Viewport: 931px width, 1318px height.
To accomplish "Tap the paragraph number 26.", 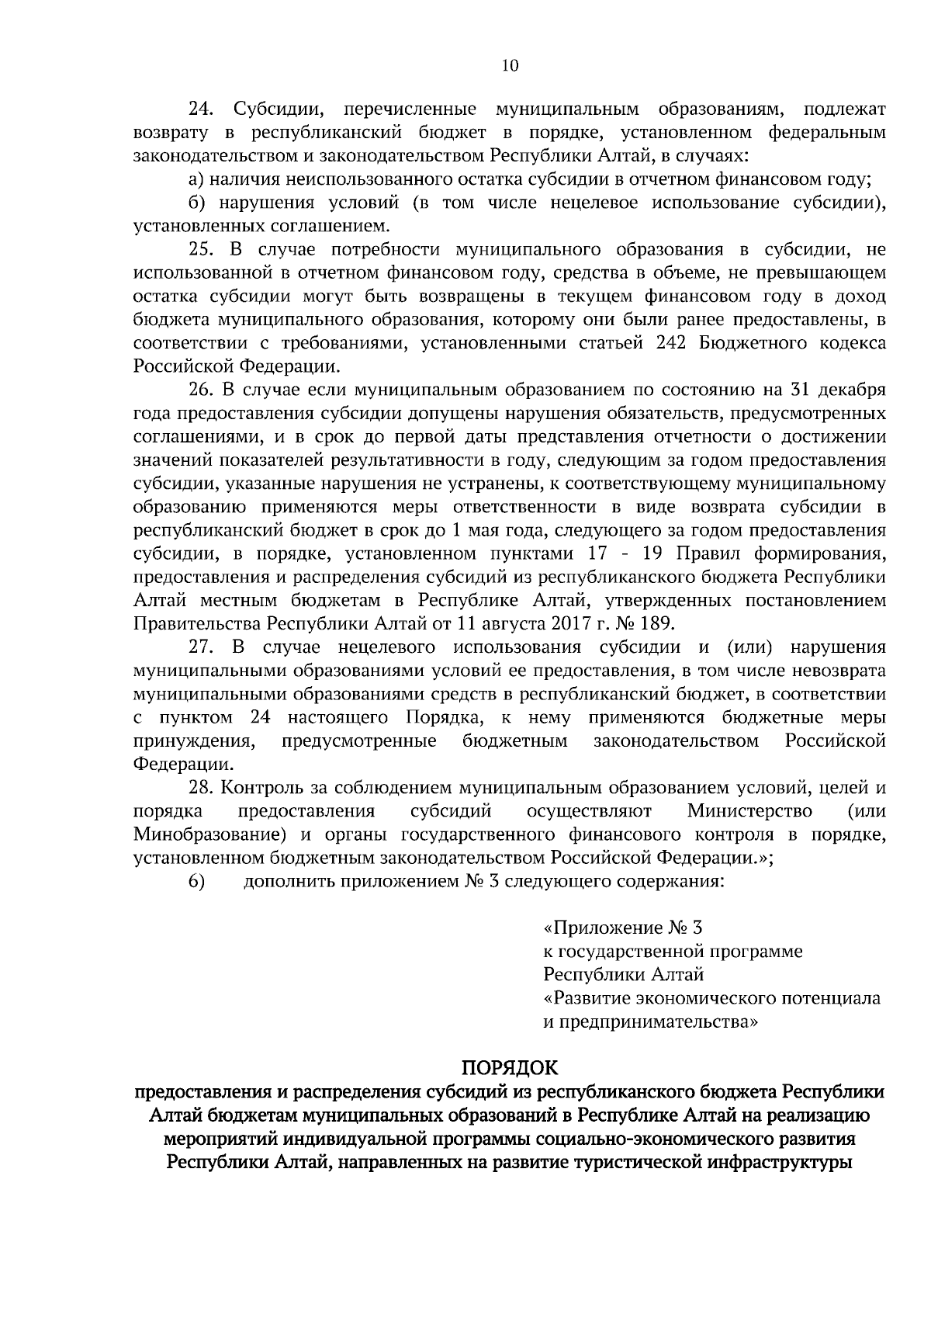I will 202,390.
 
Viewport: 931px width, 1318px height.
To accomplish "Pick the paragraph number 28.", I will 202,788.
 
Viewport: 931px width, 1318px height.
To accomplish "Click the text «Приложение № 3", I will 622,928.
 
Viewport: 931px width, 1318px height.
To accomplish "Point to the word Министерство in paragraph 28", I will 749,812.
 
